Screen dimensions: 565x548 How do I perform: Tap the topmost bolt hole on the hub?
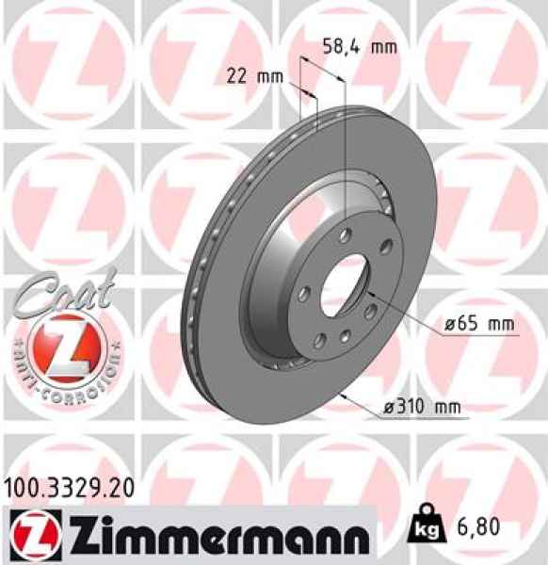(x=346, y=233)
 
